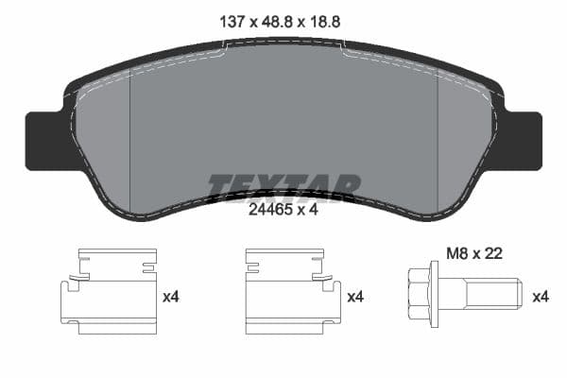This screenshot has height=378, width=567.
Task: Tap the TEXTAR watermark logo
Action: tap(283, 187)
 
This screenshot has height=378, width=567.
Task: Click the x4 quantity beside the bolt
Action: tap(540, 297)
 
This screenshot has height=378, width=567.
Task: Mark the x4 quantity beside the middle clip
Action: tap(355, 297)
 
